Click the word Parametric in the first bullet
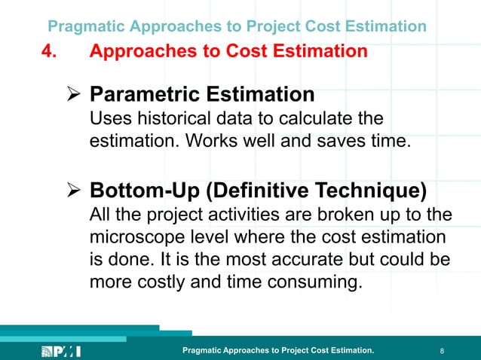pyautogui.click(x=144, y=95)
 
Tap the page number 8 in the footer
pyautogui.click(x=441, y=351)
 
